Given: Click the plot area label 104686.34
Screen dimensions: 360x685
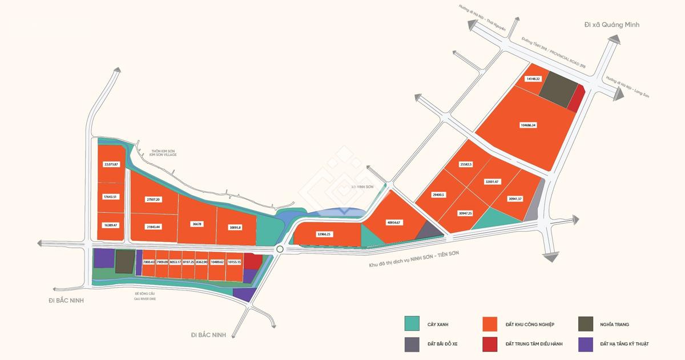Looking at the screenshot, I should click(x=528, y=124).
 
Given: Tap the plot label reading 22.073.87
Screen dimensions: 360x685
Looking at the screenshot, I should click(x=111, y=164).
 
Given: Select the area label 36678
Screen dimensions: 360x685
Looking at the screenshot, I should click(x=197, y=224).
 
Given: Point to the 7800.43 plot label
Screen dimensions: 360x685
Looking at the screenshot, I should click(x=149, y=262).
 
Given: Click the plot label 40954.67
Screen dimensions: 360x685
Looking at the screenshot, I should click(x=394, y=222).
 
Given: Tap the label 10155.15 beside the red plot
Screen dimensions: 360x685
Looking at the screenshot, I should click(x=234, y=262).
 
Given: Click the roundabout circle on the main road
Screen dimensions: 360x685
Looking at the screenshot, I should click(x=279, y=249).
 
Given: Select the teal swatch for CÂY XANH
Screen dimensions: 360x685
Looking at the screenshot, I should click(x=412, y=324).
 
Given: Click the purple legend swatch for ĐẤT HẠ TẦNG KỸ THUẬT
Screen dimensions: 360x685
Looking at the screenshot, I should click(x=586, y=344).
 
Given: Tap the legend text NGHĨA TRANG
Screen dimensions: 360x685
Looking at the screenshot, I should click(x=614, y=324).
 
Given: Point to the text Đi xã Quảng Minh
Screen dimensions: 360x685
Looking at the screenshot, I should click(x=612, y=25).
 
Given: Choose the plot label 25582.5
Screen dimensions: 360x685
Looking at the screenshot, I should click(x=469, y=164).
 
